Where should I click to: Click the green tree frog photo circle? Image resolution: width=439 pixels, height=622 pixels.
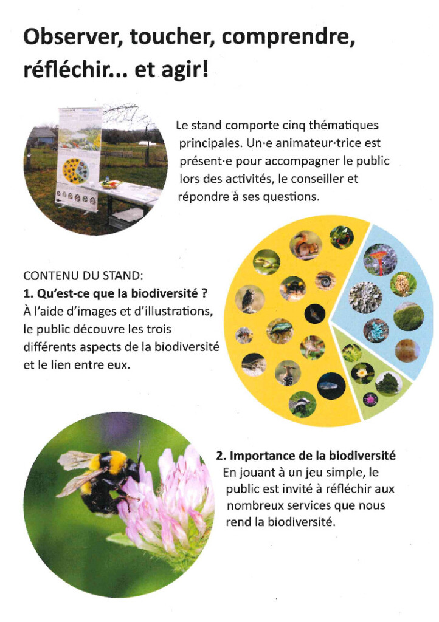[267, 262]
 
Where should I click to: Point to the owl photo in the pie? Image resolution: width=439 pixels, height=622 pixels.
[249, 299]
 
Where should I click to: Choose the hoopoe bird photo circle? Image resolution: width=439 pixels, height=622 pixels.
[288, 374]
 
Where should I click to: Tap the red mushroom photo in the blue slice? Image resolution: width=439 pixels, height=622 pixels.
[380, 259]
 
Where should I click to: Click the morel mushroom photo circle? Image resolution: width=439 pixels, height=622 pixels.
[403, 284]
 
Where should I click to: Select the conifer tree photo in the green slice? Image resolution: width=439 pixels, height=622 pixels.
[387, 383]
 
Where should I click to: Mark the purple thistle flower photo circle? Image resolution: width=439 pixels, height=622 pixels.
[370, 399]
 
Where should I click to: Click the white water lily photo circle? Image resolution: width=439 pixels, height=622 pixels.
[362, 373]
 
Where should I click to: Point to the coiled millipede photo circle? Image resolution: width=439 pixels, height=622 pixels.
[325, 280]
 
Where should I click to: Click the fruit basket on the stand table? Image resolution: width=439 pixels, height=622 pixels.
[112, 183]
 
